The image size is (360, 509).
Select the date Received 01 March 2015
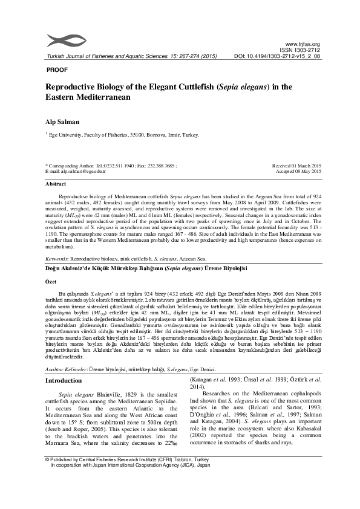click(x=296, y=166)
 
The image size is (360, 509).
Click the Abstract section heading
click(x=56, y=183)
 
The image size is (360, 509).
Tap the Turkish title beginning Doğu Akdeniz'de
click(x=146, y=267)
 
